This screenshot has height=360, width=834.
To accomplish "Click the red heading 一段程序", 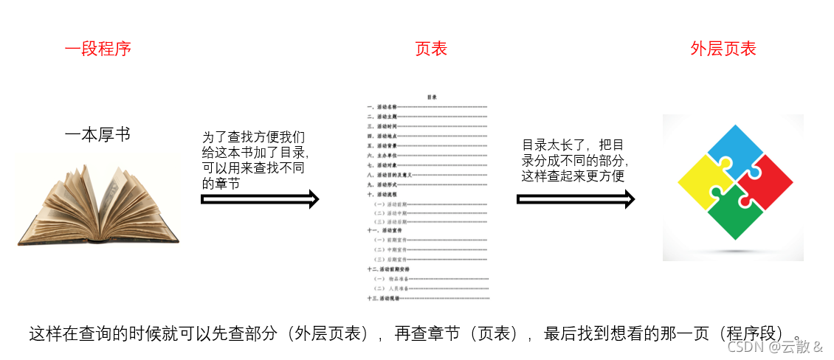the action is [97, 49].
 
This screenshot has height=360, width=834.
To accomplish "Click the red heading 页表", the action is [431, 49].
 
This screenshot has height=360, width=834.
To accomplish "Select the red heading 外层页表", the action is [723, 49].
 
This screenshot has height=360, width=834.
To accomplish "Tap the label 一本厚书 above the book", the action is [97, 135].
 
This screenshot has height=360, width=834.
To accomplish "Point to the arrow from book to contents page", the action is [260, 198].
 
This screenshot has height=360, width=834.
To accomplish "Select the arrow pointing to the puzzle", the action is [576, 198].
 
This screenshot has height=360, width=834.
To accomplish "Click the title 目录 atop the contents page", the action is [432, 97].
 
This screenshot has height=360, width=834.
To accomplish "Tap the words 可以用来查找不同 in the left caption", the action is [253, 169].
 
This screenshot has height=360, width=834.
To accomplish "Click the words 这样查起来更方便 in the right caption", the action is [574, 176].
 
